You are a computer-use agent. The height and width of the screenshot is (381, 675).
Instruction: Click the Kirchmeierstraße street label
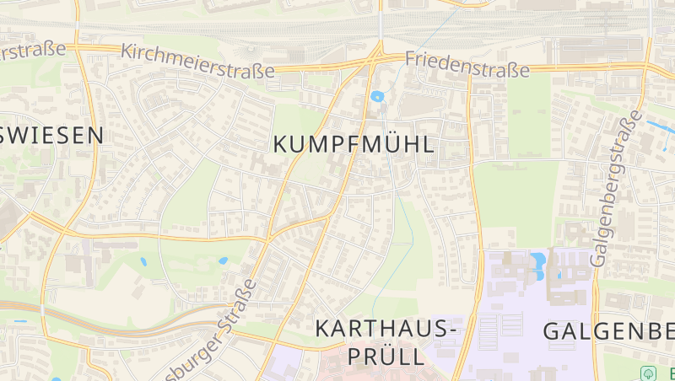[x=197, y=61]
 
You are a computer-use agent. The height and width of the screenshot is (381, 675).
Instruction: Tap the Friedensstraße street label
[x=467, y=62]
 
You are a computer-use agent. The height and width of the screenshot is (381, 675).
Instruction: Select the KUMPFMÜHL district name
[x=354, y=144]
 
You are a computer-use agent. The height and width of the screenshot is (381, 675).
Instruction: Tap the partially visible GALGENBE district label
[x=607, y=331]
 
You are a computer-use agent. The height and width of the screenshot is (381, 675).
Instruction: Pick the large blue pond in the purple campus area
[x=537, y=263]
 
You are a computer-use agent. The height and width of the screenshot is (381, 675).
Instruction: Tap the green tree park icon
[x=648, y=373]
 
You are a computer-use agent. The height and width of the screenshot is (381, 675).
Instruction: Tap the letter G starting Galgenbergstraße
[x=598, y=259]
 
